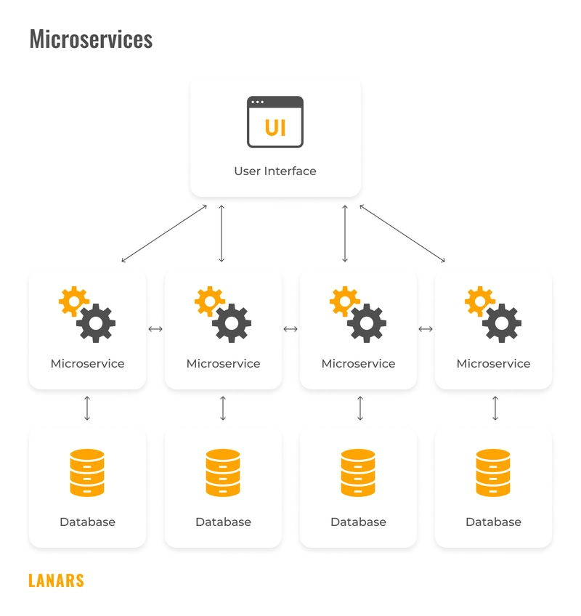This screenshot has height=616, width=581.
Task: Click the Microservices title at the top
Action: tap(91, 38)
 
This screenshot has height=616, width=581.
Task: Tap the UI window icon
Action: tap(275, 122)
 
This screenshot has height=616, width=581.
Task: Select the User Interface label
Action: tap(275, 171)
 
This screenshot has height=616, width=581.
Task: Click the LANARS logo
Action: tap(56, 580)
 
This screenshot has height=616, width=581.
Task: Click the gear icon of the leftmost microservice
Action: tap(87, 315)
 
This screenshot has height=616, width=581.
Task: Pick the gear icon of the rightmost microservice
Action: tap(493, 315)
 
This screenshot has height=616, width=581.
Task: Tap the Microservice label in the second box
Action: tap(223, 363)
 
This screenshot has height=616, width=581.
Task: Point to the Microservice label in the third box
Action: tap(358, 363)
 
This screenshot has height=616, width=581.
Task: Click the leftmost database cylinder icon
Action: tap(87, 473)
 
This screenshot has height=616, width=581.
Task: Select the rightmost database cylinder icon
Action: tap(493, 473)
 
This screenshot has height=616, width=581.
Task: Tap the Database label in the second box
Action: tap(223, 522)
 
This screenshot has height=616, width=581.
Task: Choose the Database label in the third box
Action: tap(358, 522)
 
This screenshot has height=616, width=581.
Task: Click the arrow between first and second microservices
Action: tap(155, 329)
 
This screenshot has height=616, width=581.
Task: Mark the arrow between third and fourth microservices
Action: tap(426, 329)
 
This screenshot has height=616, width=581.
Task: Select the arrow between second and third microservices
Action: tap(290, 329)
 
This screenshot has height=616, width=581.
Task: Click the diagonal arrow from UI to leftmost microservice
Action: tap(164, 233)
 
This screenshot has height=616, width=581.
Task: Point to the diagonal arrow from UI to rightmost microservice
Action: tap(402, 233)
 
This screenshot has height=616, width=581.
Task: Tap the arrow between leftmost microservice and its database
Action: tap(87, 408)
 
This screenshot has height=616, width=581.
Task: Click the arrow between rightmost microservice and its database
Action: tap(495, 408)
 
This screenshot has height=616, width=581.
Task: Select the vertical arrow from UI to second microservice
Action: tap(222, 233)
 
